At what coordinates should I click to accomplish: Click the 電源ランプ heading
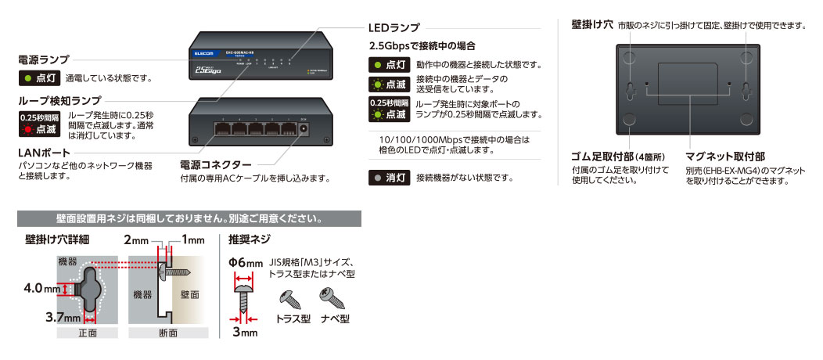[44, 59]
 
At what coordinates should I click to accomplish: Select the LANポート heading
[40, 153]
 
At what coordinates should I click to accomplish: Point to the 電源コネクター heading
[216, 165]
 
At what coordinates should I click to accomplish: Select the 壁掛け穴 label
[591, 25]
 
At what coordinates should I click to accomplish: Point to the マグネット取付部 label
[725, 156]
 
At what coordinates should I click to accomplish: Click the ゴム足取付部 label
[610, 156]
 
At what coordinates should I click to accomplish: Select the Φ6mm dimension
[246, 263]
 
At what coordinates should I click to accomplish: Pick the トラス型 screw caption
[294, 319]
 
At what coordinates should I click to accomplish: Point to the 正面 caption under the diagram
[88, 333]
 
